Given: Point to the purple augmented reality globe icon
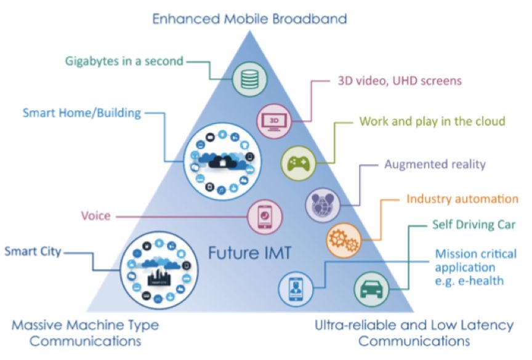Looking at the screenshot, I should click(322, 204).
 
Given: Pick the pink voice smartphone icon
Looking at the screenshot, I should click(264, 216).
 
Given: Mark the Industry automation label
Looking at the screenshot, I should click(462, 199).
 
